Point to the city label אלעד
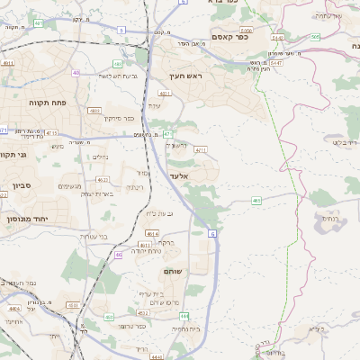pyautogui.click(x=178, y=176)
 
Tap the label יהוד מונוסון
pyautogui.click(x=25, y=219)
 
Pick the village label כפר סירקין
pyautogui.click(x=118, y=118)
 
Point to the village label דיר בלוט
pyautogui.click(x=345, y=142)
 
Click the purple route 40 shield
pyautogui.click(x=76, y=73)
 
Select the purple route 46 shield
pyautogui.click(x=118, y=255)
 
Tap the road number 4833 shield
pyautogui.click(x=94, y=110)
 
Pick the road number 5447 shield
pyautogui.click(x=275, y=63)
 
